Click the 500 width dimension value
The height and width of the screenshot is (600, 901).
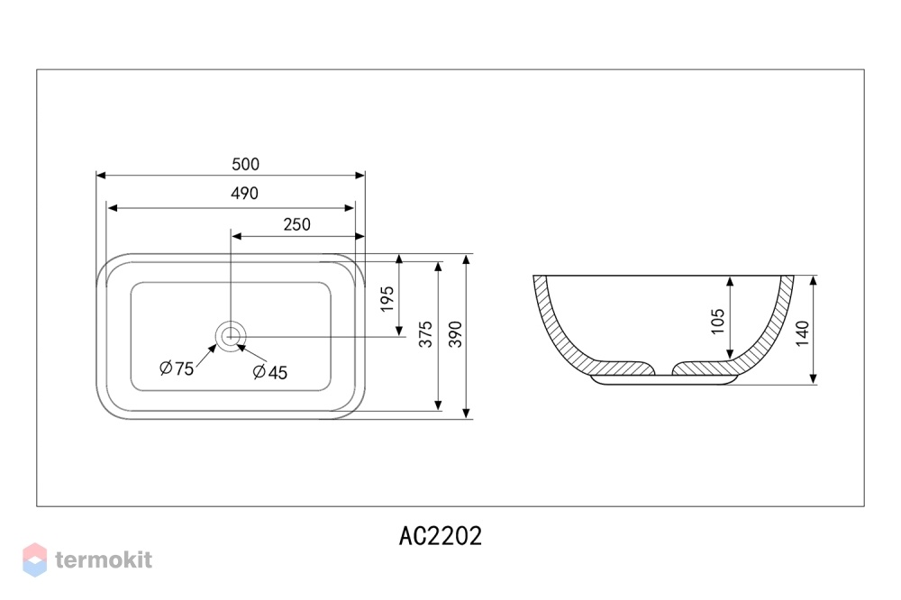tap(245, 164)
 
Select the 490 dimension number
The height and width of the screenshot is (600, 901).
tap(245, 193)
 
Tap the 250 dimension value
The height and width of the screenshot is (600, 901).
tap(297, 224)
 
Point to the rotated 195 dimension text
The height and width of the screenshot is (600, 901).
tap(387, 299)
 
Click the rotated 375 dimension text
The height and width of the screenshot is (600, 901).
tap(425, 334)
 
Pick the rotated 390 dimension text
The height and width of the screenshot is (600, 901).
tap(455, 334)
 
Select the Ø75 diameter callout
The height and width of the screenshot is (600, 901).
tap(177, 368)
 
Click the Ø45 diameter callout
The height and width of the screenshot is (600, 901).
tap(270, 372)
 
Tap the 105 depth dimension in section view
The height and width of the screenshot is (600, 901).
tap(718, 322)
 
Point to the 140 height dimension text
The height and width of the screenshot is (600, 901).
tap(802, 333)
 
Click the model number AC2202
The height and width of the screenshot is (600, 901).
tap(441, 536)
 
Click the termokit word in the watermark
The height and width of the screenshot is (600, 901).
tap(104, 559)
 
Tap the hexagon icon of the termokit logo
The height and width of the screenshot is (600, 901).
tap(34, 559)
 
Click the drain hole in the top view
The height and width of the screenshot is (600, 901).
tap(231, 336)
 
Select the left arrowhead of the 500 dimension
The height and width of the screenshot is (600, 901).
tap(101, 176)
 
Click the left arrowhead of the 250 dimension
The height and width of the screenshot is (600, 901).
tap(236, 236)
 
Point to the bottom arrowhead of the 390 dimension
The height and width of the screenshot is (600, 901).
tap(467, 414)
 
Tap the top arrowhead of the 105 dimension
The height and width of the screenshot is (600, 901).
tap(730, 282)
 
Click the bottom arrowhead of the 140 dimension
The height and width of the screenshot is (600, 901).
tap(813, 378)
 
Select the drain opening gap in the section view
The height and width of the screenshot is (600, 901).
tap(664, 368)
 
